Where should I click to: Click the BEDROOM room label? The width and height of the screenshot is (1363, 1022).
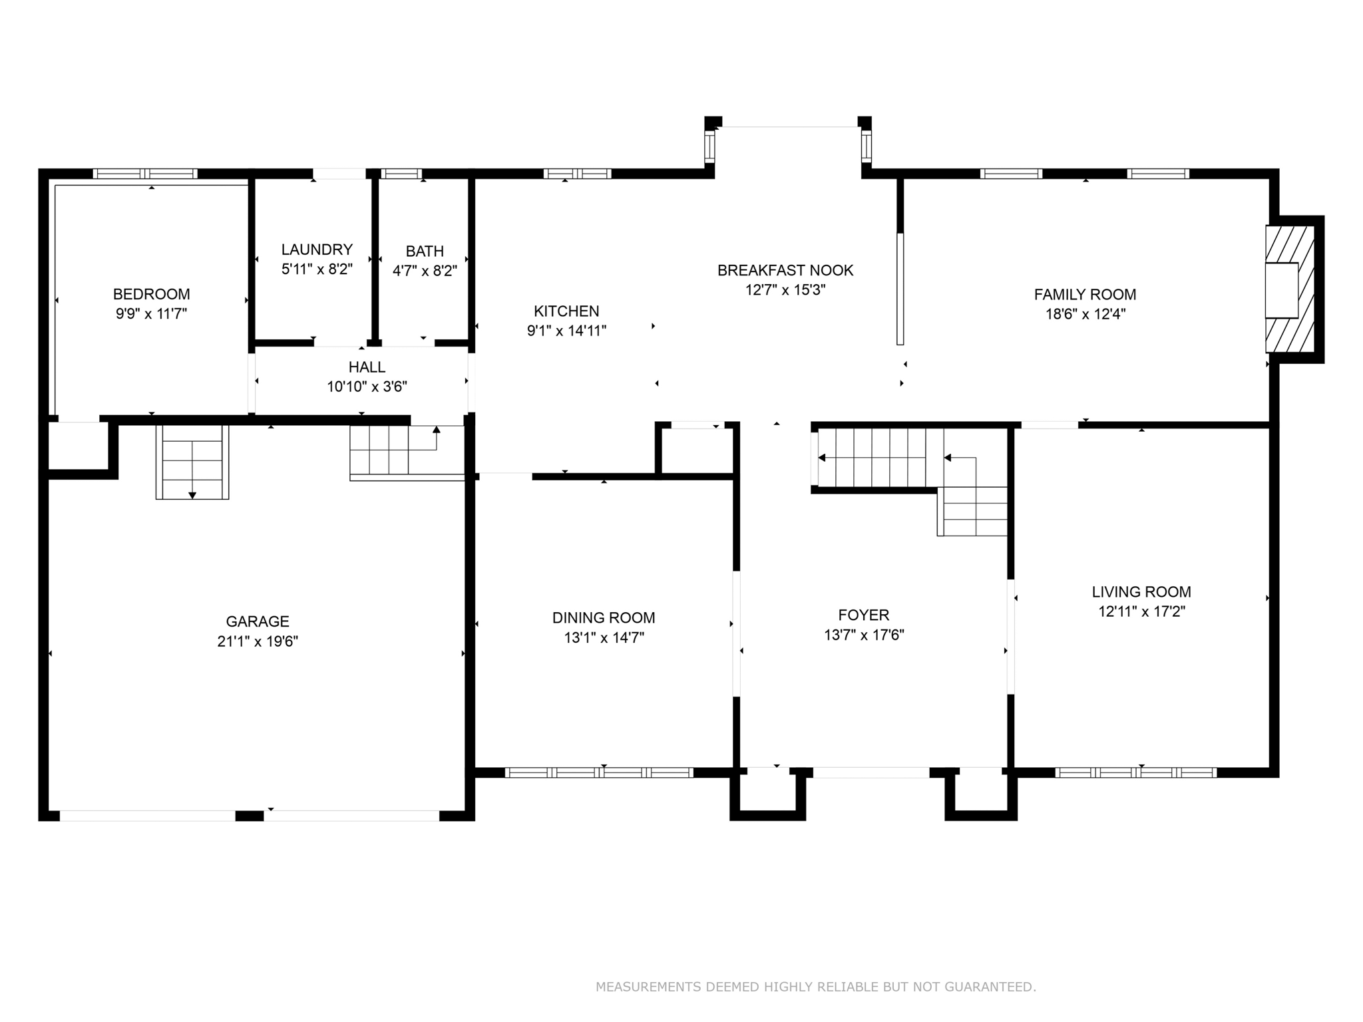coord(152,294)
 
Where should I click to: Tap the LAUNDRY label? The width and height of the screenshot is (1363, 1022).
coord(317,250)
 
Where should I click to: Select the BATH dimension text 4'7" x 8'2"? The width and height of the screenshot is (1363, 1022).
coord(425,271)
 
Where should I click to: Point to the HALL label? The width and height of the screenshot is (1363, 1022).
coord(367,367)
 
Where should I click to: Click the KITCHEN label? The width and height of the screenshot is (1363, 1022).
coord(566,311)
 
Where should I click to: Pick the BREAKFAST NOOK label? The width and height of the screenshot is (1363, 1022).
coord(785,270)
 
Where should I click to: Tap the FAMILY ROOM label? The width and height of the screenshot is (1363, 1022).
coord(1085,294)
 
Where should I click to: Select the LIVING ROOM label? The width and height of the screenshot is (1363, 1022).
coord(1141,592)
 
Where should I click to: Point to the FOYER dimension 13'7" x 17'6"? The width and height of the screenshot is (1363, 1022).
coord(864,635)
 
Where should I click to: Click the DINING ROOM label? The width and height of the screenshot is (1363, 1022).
coord(604,617)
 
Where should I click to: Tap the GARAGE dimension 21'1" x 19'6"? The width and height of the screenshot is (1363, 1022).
coord(258,641)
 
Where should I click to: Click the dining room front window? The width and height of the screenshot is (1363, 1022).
coord(599,772)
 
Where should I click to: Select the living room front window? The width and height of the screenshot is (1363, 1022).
coord(1135,772)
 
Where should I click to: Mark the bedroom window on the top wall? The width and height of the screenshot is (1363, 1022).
coord(145,174)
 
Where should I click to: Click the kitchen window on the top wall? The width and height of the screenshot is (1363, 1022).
coord(577,174)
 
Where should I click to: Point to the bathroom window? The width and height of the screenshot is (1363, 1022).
coord(402,174)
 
